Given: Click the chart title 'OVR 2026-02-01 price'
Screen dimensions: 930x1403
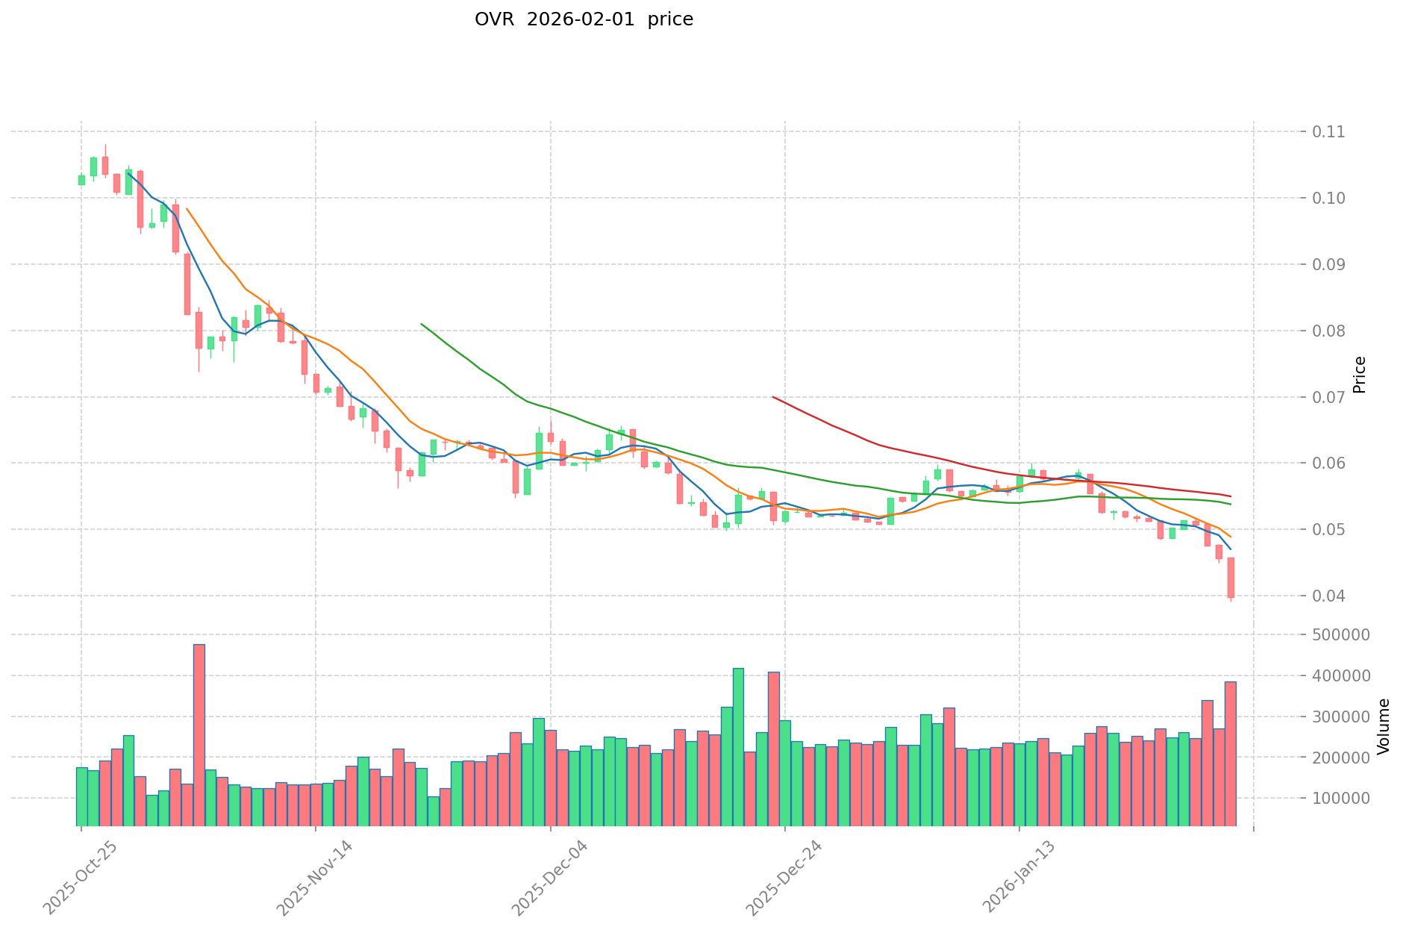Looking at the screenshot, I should [x=584, y=19].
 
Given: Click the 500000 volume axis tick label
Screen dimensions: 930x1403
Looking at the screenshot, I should [x=1339, y=635].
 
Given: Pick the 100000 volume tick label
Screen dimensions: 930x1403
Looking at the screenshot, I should [x=1339, y=799].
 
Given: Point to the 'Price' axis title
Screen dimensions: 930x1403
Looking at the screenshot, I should [x=1360, y=375].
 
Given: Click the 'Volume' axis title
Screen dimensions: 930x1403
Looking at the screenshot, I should [x=1384, y=726].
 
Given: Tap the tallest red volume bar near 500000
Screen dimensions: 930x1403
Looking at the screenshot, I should [x=199, y=734].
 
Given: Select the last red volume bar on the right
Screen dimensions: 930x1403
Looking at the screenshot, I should [x=1231, y=753].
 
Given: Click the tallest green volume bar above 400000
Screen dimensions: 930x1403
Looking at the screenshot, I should [x=738, y=746].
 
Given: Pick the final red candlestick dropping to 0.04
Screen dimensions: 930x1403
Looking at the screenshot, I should [x=1231, y=578].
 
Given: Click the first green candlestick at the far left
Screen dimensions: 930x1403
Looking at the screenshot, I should [x=81, y=180].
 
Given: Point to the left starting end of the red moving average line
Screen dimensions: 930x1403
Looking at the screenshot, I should [x=773, y=397].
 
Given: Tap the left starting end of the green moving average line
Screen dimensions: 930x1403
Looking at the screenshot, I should [x=422, y=324].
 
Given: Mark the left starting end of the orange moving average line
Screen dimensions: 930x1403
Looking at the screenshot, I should [x=187, y=209].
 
